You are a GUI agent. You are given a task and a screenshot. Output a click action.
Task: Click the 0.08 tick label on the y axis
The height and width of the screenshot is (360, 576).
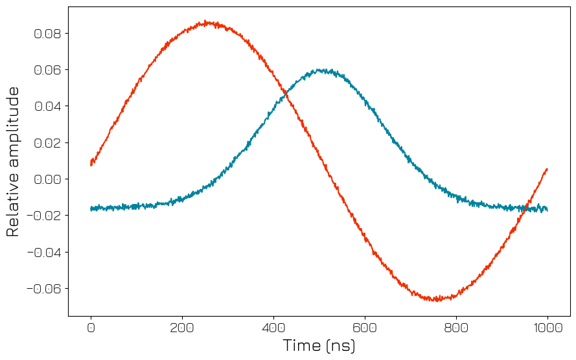tap(47, 34)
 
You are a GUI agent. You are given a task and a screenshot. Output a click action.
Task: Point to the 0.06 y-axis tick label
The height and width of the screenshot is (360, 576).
tap(47, 70)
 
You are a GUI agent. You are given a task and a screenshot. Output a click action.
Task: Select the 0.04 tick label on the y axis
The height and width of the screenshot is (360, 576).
tap(47, 106)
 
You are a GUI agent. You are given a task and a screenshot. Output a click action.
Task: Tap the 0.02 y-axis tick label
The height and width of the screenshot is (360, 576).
tap(47, 143)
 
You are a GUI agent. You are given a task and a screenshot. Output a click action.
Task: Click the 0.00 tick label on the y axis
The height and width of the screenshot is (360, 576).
tap(47, 179)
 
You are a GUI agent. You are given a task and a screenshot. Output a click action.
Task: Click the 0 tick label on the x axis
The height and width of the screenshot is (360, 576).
tap(91, 328)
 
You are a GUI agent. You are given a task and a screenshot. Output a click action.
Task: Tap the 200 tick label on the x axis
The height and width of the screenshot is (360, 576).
tap(182, 328)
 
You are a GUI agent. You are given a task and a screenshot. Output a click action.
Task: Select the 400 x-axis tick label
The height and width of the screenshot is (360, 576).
tap(273, 328)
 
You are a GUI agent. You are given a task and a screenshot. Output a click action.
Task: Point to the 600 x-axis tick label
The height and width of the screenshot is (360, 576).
tap(365, 328)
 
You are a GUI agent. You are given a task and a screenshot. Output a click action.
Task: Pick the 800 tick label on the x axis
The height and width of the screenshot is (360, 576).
tap(456, 328)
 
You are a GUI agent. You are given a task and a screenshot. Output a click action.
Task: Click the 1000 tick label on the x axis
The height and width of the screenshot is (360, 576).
tap(547, 328)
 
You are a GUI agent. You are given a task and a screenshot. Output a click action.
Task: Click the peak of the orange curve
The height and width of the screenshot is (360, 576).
tap(205, 22)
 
